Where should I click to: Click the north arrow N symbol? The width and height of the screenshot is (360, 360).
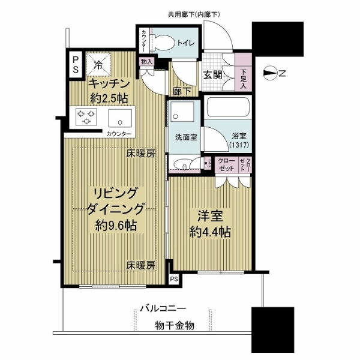point(277,74)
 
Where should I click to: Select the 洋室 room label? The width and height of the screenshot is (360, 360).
point(208,215)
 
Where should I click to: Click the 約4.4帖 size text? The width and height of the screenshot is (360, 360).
point(209,231)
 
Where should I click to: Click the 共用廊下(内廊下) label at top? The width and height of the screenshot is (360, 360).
point(193,13)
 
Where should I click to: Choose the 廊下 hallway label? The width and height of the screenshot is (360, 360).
point(181,92)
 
